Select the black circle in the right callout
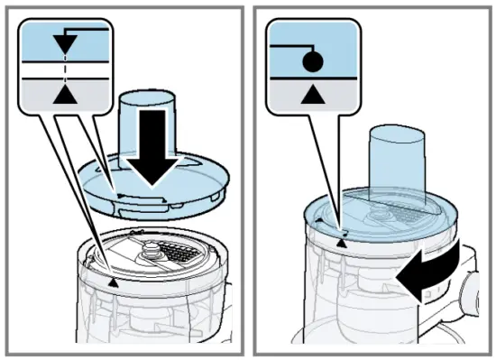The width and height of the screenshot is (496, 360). tap(310, 62)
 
